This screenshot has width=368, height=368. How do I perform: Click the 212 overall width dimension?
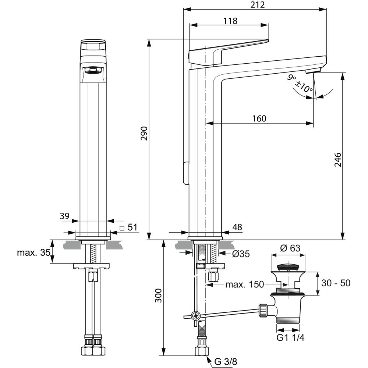click(x=257, y=4)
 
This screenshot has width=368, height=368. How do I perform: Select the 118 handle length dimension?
click(x=230, y=21)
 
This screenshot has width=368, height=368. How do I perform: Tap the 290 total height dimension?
click(x=144, y=133)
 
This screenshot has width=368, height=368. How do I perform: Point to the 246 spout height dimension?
click(x=338, y=160)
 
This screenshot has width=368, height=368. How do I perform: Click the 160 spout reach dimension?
click(x=259, y=118)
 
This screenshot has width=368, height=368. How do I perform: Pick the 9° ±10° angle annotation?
click(x=300, y=84)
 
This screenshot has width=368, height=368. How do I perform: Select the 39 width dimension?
click(x=64, y=216)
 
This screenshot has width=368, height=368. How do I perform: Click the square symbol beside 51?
click(x=122, y=228)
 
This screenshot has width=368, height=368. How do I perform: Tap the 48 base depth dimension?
click(x=237, y=227)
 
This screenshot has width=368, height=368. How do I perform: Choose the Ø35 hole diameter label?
click(x=241, y=254)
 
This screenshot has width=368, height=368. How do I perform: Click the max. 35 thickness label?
click(x=33, y=252)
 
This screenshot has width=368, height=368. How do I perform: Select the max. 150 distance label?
click(x=245, y=284)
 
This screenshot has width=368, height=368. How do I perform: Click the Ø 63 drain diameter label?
click(x=290, y=248)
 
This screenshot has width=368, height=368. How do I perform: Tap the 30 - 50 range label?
click(x=336, y=283)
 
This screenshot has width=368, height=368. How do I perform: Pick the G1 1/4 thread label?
click(x=290, y=337)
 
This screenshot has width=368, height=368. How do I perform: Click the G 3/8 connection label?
click(x=226, y=362)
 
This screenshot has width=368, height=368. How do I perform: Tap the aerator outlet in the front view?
click(x=93, y=70)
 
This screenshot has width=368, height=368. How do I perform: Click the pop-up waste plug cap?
click(x=288, y=268)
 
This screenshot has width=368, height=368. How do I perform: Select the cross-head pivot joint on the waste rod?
click(x=195, y=316)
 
